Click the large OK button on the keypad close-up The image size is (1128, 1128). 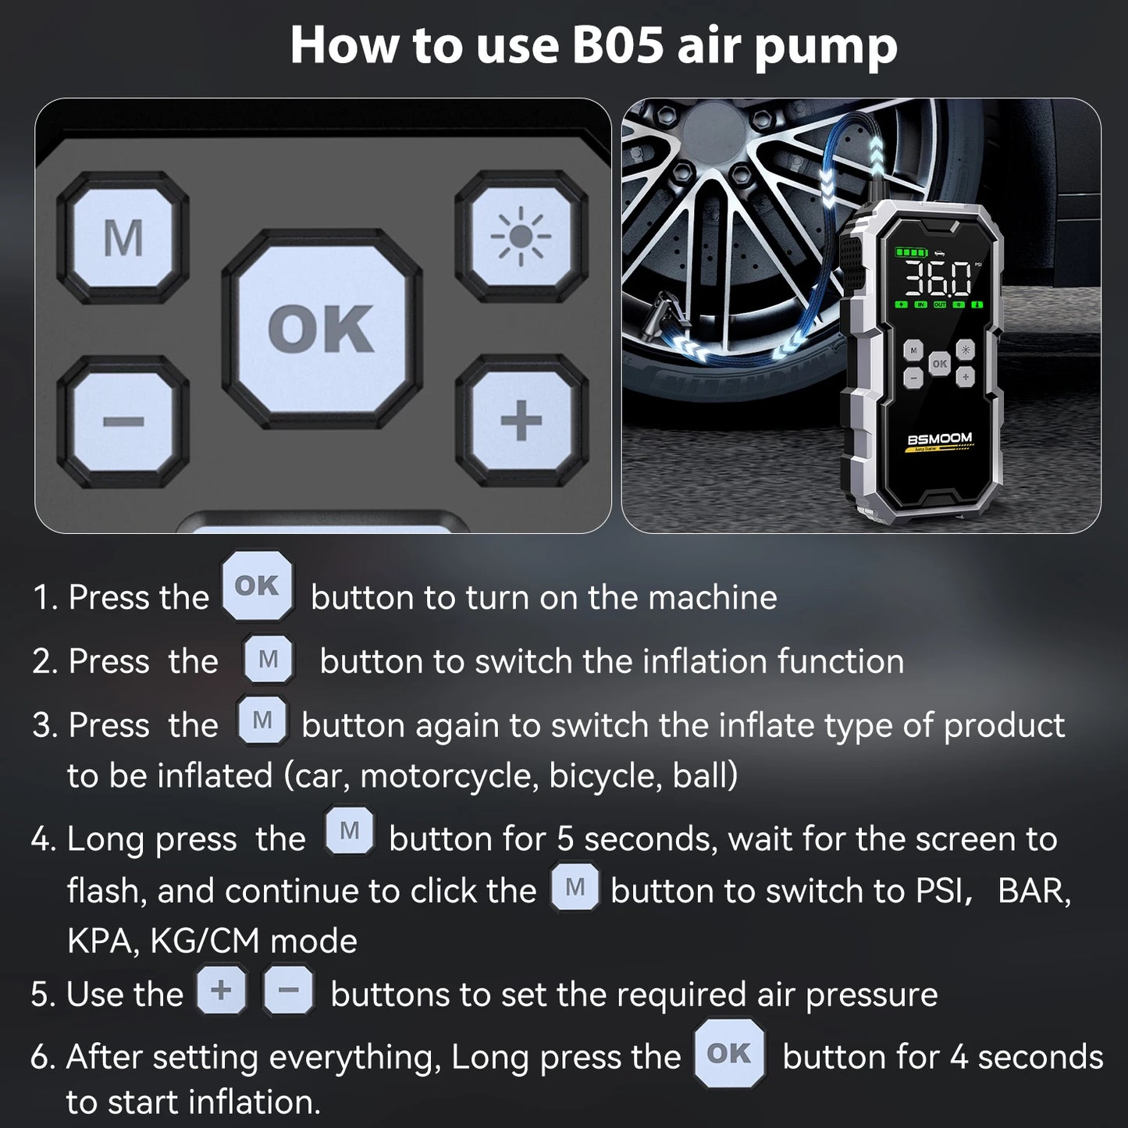(322, 328)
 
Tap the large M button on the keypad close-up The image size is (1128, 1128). (123, 237)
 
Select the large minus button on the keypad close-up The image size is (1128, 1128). (123, 422)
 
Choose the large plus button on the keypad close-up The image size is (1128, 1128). (521, 422)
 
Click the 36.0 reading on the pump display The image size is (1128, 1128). (938, 278)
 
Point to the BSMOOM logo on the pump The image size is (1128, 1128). (940, 439)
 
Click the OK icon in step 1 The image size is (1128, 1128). (257, 586)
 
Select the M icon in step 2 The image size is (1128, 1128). (268, 660)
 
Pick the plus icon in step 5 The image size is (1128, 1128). (222, 991)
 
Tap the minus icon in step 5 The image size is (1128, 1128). (288, 991)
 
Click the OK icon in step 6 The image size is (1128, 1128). (728, 1054)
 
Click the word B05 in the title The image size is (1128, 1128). (617, 45)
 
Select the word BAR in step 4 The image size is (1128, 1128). (1034, 891)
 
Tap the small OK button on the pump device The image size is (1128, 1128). (939, 364)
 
